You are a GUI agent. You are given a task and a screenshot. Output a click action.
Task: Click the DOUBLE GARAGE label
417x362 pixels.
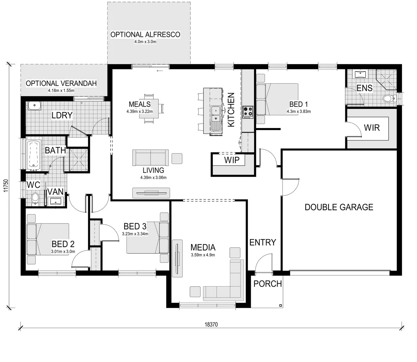[x=339, y=207]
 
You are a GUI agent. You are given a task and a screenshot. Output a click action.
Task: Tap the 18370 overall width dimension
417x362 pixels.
[x=211, y=324]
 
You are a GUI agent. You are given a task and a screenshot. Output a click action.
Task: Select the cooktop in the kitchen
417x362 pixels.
[x=248, y=112]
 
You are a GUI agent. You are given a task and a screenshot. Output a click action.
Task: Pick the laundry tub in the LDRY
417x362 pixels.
[x=34, y=106]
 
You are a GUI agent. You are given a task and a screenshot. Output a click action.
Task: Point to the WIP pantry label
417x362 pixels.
[x=232, y=160]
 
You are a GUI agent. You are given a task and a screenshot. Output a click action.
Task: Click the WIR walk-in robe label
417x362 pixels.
[x=372, y=127]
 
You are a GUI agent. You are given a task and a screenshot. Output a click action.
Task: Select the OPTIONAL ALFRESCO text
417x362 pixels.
[x=145, y=35]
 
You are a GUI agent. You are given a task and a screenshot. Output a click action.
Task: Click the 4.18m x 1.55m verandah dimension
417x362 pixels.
[x=61, y=90]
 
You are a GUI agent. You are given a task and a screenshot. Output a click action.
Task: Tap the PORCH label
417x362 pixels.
[x=267, y=284]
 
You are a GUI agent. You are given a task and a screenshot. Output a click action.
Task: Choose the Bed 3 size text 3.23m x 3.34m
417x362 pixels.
[x=135, y=234]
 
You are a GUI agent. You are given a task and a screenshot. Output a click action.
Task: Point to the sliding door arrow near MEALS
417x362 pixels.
[x=160, y=71]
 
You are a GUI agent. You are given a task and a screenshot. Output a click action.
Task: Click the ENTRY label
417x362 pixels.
[x=262, y=242]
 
